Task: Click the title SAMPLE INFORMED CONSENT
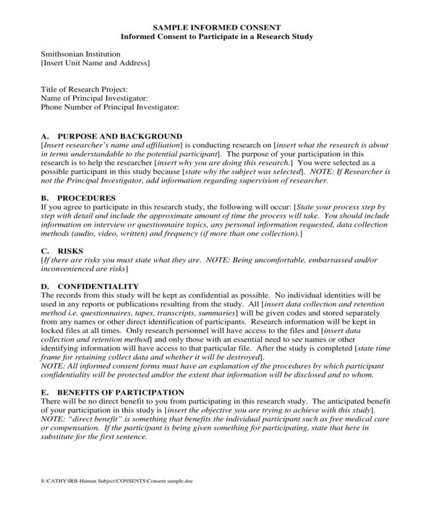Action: pyautogui.click(x=216, y=27)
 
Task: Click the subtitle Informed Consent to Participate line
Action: pyautogui.click(x=216, y=36)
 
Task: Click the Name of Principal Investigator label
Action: pyautogui.click(x=94, y=98)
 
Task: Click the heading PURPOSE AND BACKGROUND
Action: pyautogui.click(x=119, y=135)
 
